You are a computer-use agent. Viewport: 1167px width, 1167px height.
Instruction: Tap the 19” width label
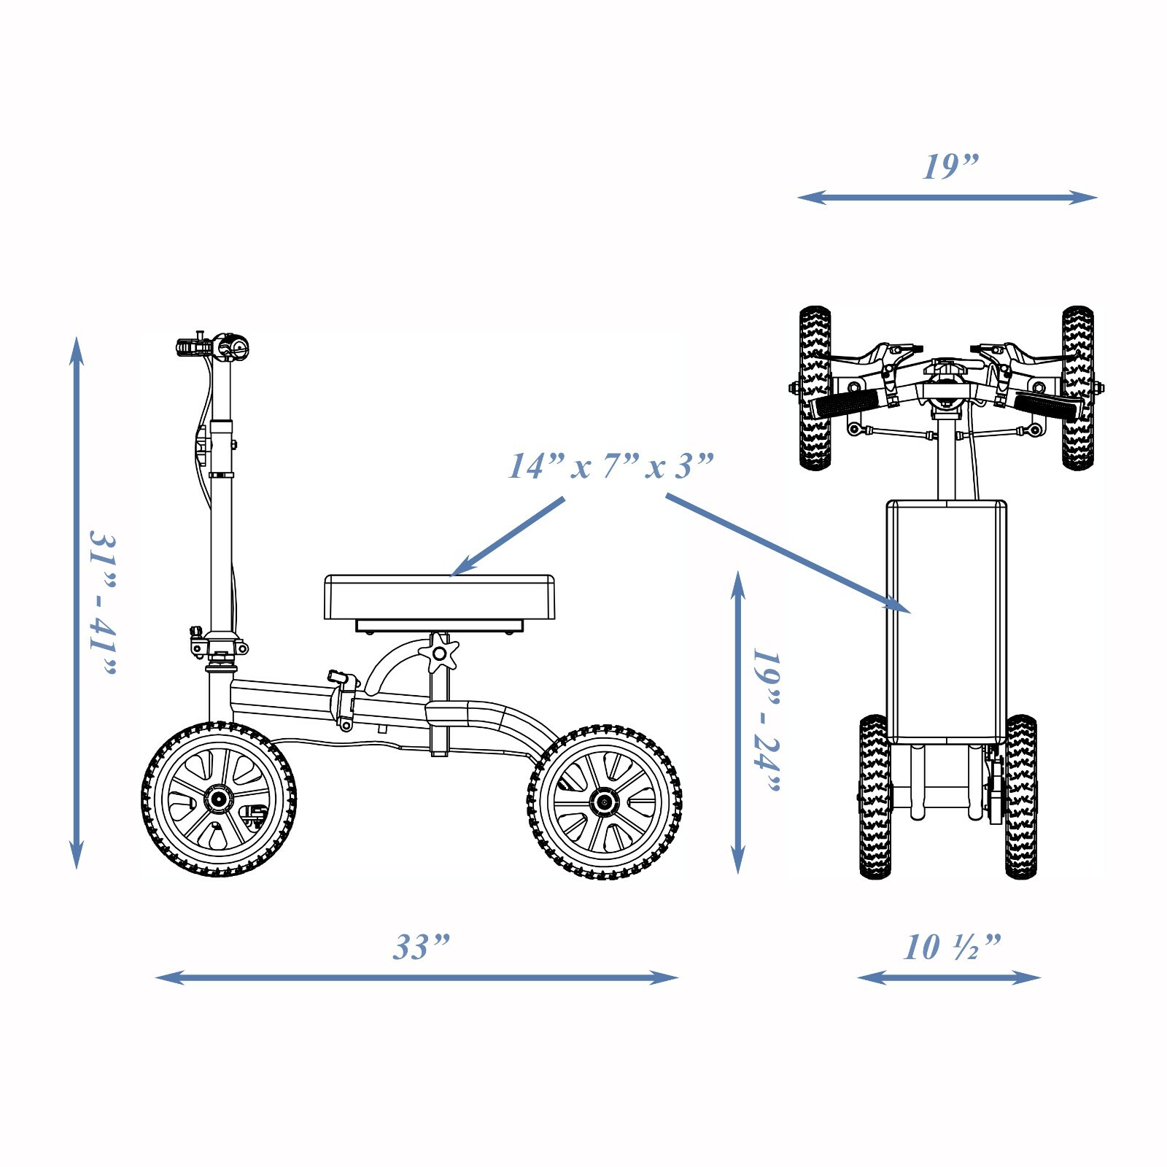click(x=950, y=166)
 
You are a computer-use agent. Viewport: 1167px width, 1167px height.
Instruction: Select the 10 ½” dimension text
click(x=952, y=947)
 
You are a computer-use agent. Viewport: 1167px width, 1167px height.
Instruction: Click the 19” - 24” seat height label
click(x=767, y=720)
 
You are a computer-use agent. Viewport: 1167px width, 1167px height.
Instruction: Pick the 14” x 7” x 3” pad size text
click(x=610, y=466)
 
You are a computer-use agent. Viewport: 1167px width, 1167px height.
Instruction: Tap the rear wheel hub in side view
click(x=604, y=802)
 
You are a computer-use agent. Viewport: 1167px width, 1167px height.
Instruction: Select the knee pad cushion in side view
click(x=439, y=597)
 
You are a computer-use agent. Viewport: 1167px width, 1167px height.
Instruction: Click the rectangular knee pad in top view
click(x=947, y=621)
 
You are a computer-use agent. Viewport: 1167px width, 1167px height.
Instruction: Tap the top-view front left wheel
click(x=815, y=388)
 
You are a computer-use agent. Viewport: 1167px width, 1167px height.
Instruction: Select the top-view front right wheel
click(x=1077, y=388)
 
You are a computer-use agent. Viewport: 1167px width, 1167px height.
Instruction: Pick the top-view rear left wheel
click(x=875, y=796)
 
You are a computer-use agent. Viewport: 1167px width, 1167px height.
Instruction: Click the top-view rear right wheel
click(x=1020, y=796)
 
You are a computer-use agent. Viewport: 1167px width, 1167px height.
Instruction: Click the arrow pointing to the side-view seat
click(x=508, y=537)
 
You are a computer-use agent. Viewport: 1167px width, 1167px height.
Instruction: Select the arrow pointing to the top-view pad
click(x=788, y=554)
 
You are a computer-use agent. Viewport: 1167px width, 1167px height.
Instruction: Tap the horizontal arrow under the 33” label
click(x=417, y=977)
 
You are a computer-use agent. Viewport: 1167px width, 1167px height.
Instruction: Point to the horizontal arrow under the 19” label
click(x=947, y=197)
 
